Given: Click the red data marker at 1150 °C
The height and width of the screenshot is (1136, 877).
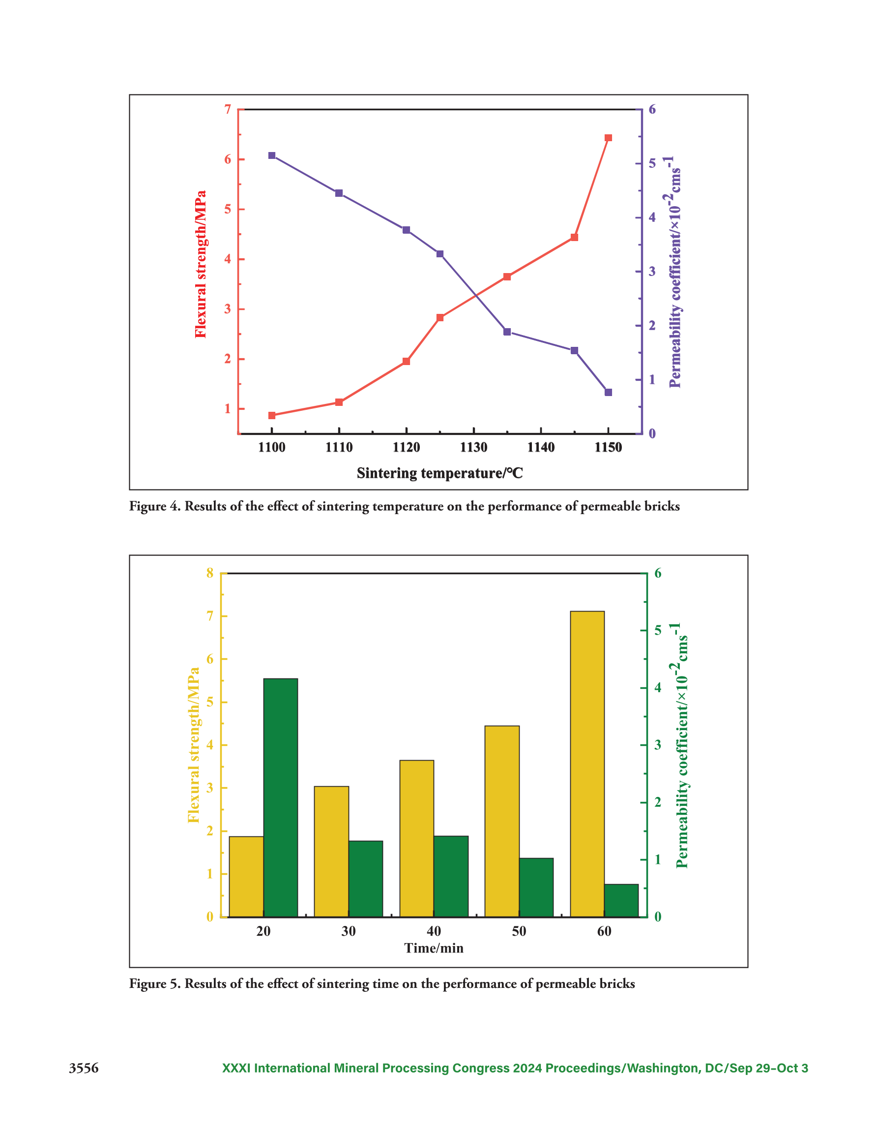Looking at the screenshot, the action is [608, 138].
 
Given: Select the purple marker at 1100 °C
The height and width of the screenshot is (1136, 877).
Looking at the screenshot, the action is [272, 155].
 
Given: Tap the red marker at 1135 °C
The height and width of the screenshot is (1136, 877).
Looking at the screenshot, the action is [507, 276].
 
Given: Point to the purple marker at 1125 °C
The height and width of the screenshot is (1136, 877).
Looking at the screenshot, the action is [440, 254].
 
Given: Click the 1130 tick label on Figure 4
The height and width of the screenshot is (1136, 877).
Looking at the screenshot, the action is [473, 447].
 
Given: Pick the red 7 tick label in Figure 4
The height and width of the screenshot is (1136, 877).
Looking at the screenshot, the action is [228, 109].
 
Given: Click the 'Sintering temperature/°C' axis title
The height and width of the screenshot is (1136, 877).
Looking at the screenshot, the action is [440, 473].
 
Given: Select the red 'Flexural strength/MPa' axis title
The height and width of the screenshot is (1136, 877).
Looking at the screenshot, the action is [201, 264].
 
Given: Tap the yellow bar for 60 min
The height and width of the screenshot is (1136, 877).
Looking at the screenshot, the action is [587, 764].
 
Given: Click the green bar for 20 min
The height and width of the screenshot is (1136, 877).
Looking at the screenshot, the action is [281, 798].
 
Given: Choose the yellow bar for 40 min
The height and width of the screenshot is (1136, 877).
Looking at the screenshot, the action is [417, 838].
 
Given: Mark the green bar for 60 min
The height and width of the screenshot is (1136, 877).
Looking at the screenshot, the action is [621, 900].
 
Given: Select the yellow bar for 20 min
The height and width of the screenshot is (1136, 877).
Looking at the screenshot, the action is [246, 876].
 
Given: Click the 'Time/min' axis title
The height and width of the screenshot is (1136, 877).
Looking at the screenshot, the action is [434, 948].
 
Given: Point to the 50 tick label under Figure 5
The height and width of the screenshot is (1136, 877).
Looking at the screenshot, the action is [519, 932].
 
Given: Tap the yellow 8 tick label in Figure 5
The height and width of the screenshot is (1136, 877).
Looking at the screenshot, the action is [210, 573].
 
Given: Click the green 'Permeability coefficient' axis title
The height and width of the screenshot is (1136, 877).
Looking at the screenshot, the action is [681, 745].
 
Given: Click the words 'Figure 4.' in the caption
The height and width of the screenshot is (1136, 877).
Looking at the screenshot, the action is [155, 506].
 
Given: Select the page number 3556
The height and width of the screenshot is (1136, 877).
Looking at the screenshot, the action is [84, 1069].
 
